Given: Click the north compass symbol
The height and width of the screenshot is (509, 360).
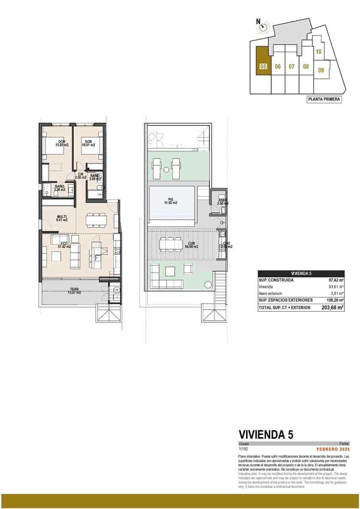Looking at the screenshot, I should [263, 28].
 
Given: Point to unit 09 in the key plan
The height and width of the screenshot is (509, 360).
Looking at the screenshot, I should [321, 70].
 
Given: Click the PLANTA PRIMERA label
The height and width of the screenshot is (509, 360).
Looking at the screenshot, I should [324, 99].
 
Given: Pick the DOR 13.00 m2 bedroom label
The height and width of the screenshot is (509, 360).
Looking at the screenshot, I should [61, 143].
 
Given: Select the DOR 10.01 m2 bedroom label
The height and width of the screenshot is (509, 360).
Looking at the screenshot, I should [88, 143].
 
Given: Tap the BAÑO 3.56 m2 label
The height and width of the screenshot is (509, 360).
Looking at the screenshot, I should [59, 188].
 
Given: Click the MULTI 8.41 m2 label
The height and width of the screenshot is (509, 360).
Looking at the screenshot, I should [62, 218].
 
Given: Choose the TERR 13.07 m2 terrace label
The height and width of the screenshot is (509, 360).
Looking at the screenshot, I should [74, 291].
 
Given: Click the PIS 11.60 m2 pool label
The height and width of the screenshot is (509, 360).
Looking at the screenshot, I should [170, 201].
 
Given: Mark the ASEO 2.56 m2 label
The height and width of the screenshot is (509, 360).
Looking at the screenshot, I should [223, 202].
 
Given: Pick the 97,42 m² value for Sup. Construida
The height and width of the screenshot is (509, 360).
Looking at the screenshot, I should [335, 280].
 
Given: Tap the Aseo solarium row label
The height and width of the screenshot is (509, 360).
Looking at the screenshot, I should [271, 293].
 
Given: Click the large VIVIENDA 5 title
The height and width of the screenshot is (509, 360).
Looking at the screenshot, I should [266, 434].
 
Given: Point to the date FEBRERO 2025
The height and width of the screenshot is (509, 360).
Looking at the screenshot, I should [333, 448].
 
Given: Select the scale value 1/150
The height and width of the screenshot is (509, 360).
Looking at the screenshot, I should [243, 448].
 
